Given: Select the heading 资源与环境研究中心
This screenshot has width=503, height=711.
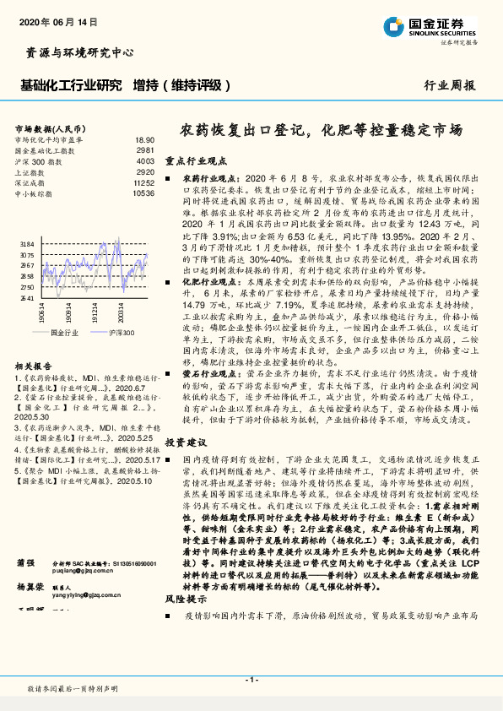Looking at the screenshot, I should pyautogui.click(x=75, y=52).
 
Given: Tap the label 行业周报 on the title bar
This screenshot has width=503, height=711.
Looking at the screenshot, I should pyautogui.click(x=449, y=86).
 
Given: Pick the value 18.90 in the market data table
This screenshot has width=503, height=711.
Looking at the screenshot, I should pyautogui.click(x=144, y=139).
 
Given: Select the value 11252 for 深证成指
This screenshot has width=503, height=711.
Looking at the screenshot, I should pyautogui.click(x=143, y=182).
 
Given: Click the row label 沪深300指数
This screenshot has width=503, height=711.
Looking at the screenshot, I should pyautogui.click(x=38, y=160).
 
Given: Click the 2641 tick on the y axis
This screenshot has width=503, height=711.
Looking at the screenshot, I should pyautogui.click(x=27, y=298).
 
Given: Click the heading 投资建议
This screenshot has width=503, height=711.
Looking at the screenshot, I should pyautogui.click(x=185, y=442).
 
